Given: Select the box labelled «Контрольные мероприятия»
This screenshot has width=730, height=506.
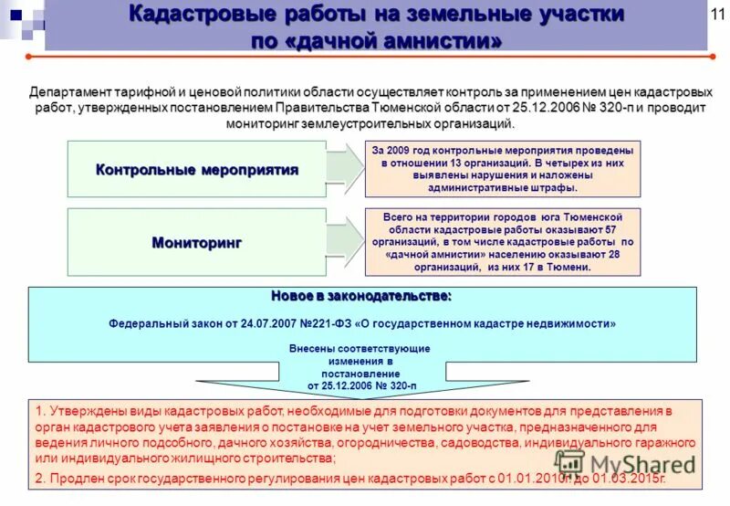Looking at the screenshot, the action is coord(197,170).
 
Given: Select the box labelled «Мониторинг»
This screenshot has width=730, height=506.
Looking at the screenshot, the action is coord(197,242).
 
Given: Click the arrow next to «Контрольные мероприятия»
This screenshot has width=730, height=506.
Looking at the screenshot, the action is coord(345,170).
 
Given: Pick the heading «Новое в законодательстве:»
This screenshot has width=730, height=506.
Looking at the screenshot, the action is coord(361,297).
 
